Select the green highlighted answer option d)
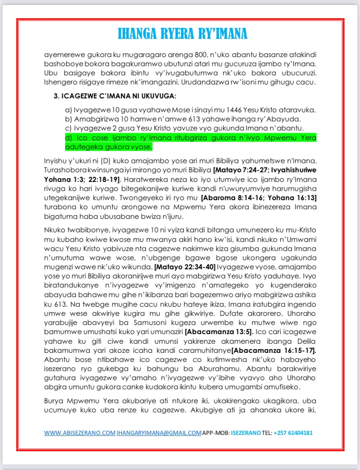pos(190,142)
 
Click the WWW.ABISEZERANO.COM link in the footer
pos(80,433)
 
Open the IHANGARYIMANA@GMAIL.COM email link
pos(159,433)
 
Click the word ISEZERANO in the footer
pos(245,433)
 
